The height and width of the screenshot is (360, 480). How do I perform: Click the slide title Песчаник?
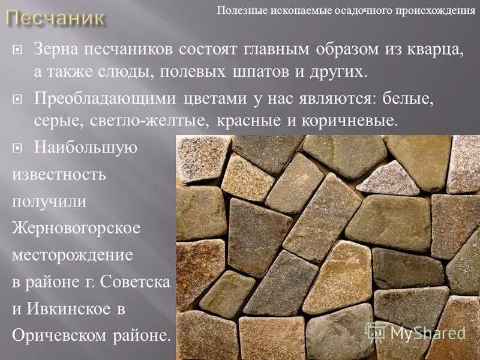(56, 17)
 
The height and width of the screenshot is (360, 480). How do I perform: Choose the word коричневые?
(349, 121)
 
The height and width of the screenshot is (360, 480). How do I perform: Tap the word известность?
(59, 175)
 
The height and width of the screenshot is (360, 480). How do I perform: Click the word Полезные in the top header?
(242, 10)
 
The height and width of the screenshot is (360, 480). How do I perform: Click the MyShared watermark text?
(428, 332)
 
